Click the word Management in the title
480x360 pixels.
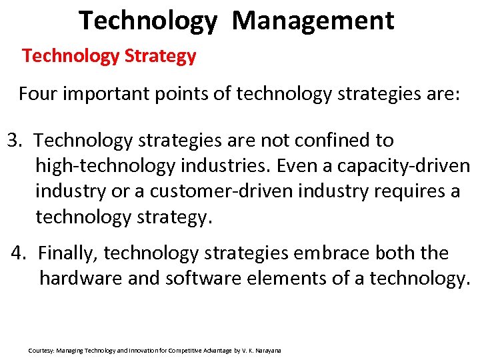313,21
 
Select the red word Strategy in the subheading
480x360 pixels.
160,56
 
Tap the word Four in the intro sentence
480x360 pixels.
38,93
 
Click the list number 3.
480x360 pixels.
14,141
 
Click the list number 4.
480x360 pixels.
19,253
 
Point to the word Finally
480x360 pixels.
69,253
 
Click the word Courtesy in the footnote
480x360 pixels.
41,350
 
